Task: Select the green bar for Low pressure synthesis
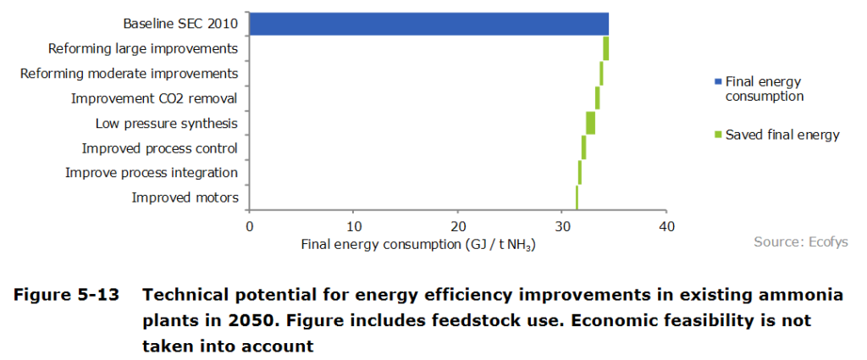[x=590, y=123]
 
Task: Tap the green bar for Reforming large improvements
[x=606, y=48]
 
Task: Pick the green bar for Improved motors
[x=577, y=197]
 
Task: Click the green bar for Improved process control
[x=583, y=147]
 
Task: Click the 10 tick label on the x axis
[x=354, y=226]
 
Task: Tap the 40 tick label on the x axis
[x=666, y=226]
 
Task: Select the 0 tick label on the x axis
[x=249, y=226]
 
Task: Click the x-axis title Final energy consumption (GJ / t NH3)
[x=419, y=244]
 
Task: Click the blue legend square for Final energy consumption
[x=718, y=82]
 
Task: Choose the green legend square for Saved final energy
[x=718, y=136]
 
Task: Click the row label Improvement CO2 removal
[x=154, y=98]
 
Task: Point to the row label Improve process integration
[x=152, y=173]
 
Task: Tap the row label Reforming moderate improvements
[x=129, y=74]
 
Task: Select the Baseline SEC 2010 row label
[x=179, y=24]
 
